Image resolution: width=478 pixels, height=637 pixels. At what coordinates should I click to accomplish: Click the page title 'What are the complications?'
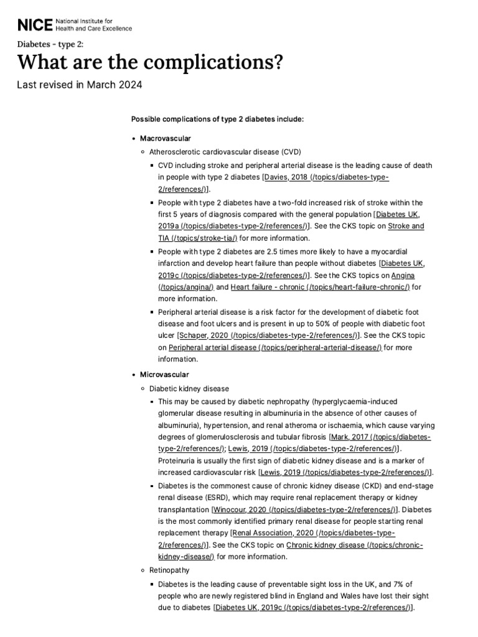149,62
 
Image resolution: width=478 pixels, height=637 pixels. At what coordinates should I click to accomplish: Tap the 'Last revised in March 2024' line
80,85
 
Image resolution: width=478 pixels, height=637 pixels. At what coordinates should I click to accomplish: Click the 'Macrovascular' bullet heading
165,137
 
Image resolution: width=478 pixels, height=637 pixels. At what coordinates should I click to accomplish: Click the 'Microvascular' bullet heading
164,374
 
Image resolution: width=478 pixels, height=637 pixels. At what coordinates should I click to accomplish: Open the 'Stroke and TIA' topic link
406,226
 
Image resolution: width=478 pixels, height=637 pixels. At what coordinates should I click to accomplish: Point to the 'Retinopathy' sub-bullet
169,570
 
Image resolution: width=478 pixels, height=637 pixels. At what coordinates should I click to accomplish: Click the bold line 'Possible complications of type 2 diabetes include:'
217,119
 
